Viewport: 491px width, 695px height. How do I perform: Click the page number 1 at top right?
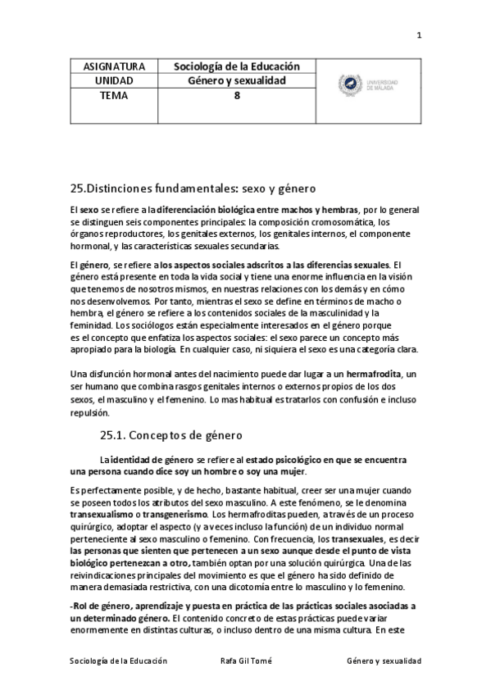[419, 34]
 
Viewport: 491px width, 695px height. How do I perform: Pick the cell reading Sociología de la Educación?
[238, 66]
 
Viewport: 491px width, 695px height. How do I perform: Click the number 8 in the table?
[237, 95]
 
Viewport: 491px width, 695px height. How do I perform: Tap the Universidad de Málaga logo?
[370, 84]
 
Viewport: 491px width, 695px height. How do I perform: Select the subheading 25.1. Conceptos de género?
[171, 434]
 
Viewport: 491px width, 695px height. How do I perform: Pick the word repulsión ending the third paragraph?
[93, 414]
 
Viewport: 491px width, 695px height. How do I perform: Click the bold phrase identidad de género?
[152, 460]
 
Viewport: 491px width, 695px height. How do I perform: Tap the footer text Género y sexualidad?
[384, 660]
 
